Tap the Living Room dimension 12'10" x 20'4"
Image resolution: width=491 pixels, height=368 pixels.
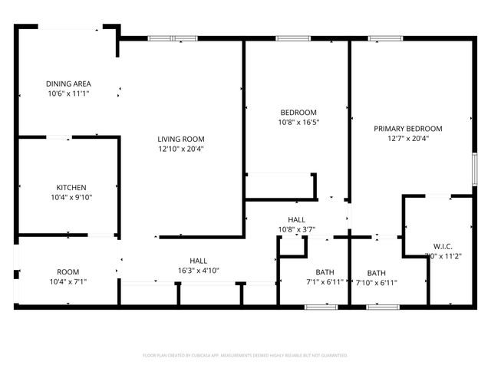[x=180, y=149]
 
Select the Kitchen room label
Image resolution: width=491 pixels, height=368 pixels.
[x=71, y=188]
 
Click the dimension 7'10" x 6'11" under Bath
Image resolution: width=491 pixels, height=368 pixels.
[x=377, y=282]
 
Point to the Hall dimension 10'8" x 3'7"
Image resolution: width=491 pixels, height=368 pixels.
[x=297, y=229]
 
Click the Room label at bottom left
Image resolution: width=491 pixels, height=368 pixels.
[x=68, y=272]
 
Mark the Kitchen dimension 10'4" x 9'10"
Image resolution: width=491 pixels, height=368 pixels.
[x=70, y=197]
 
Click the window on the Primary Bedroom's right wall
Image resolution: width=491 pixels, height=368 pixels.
[x=475, y=169]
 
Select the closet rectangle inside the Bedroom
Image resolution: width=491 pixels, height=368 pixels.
[x=280, y=186]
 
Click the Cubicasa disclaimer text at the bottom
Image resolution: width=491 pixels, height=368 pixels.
[x=245, y=356]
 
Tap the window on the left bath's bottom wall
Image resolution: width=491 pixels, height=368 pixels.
[x=321, y=307]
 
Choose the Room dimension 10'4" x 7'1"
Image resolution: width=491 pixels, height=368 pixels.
[x=68, y=281]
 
